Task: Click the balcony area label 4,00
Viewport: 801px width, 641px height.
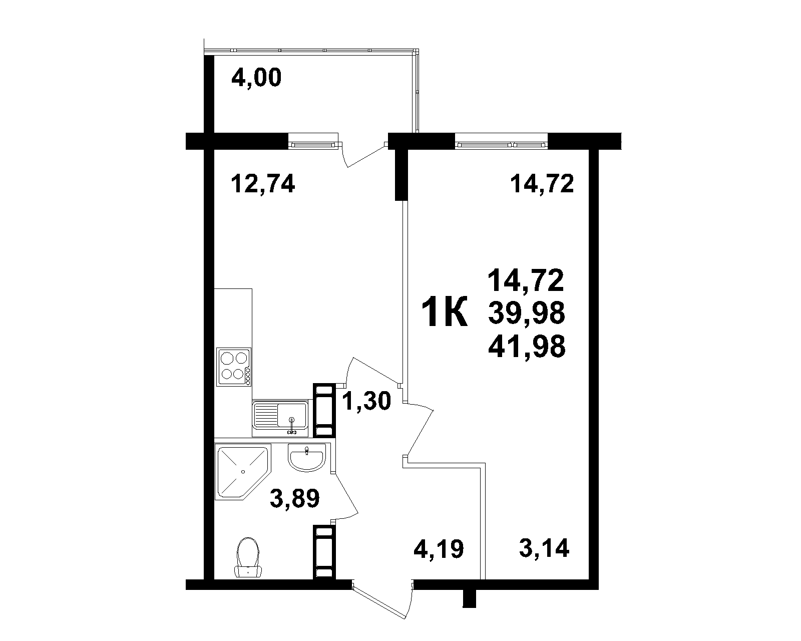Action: pyautogui.click(x=256, y=78)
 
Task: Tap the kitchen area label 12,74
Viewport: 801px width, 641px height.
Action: pyautogui.click(x=263, y=184)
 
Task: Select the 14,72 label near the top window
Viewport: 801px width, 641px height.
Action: pyautogui.click(x=542, y=184)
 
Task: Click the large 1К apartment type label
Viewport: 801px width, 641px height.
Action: pyautogui.click(x=445, y=312)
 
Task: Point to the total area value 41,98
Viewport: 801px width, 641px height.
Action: pyautogui.click(x=527, y=347)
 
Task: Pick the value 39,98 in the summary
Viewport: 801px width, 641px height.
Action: pyautogui.click(x=527, y=312)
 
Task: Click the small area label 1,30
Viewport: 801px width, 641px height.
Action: pyautogui.click(x=366, y=401)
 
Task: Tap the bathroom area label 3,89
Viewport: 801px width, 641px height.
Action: pyautogui.click(x=294, y=499)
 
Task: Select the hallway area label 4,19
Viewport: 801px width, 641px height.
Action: pyautogui.click(x=439, y=549)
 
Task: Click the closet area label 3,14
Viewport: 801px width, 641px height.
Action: pyautogui.click(x=544, y=548)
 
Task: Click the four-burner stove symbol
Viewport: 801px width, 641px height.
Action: pyautogui.click(x=234, y=367)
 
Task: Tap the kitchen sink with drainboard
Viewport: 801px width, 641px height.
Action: pyautogui.click(x=280, y=419)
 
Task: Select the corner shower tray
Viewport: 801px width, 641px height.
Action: pyautogui.click(x=242, y=472)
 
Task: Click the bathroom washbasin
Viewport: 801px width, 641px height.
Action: pyautogui.click(x=306, y=459)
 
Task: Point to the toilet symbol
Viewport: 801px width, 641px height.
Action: pyautogui.click(x=248, y=557)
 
